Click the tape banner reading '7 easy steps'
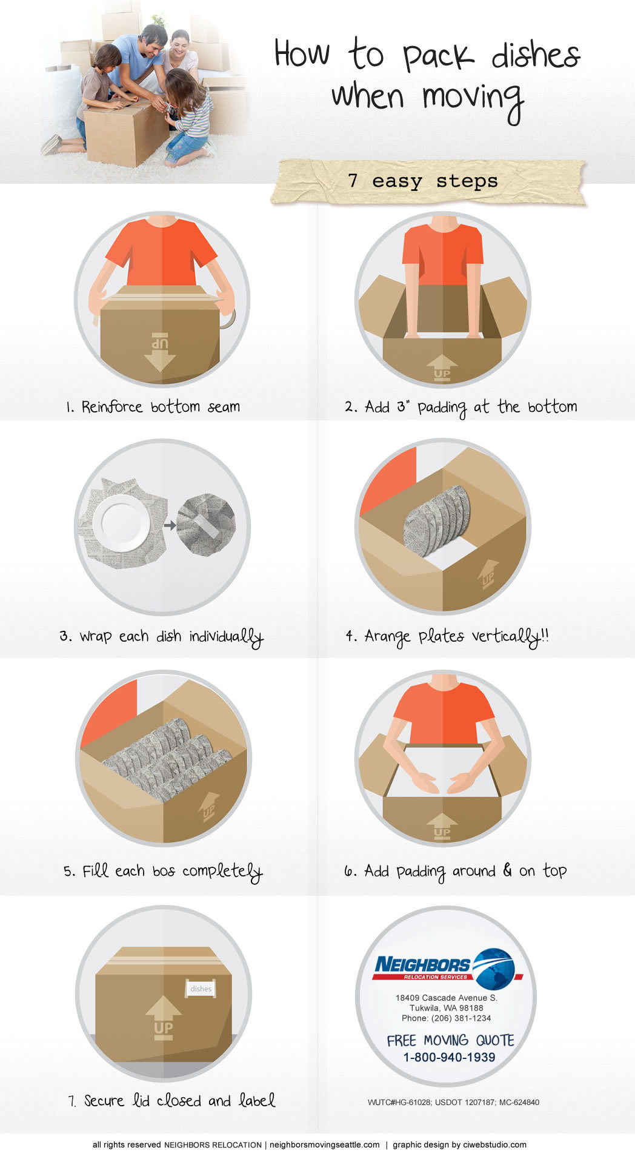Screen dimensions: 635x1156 pyautogui.click(x=428, y=181)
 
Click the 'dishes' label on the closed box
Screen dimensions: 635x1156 pyautogui.click(x=201, y=989)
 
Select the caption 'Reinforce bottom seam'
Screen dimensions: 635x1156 pyautogui.click(x=161, y=406)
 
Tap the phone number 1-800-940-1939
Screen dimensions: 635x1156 pyautogui.click(x=449, y=1057)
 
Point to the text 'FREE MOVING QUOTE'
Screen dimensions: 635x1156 pyautogui.click(x=450, y=1040)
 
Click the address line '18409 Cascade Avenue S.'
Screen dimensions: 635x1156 pyautogui.click(x=446, y=997)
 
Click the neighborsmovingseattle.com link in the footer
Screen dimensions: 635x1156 pyautogui.click(x=325, y=1144)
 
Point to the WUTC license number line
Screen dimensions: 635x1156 pyautogui.click(x=453, y=1102)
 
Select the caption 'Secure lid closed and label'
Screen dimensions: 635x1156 pyautogui.click(x=171, y=1101)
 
